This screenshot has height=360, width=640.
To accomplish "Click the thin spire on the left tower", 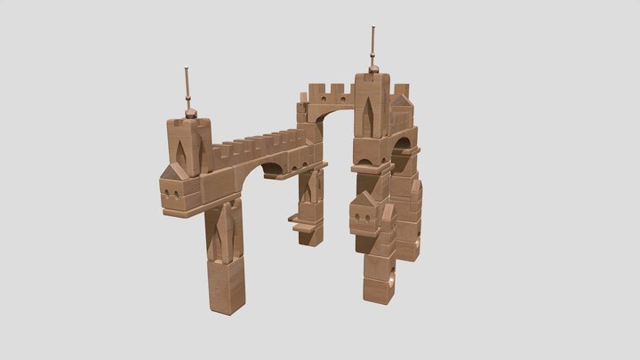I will point(187,86).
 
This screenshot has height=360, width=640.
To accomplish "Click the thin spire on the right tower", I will point(373,45).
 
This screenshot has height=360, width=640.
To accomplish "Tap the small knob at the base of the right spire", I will point(373,68).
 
